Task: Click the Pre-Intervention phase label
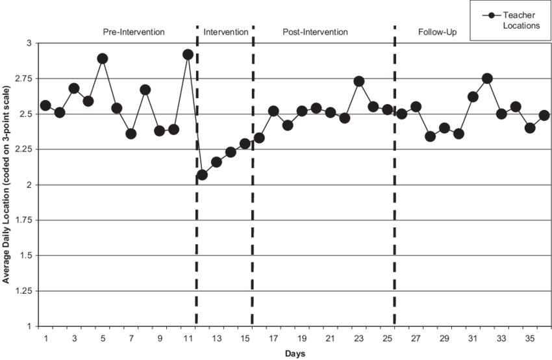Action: tap(134, 31)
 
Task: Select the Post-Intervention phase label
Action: tap(316, 31)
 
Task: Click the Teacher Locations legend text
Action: tap(521, 21)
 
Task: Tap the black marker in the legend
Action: tap(494, 16)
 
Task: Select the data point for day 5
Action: tap(102, 58)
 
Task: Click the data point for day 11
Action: tap(188, 55)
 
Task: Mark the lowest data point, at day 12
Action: tap(202, 175)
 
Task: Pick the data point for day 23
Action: tap(359, 81)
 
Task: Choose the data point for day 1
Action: tap(45, 105)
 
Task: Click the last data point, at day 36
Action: tap(544, 116)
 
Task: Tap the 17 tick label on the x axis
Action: tap(273, 339)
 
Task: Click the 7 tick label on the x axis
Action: tap(131, 339)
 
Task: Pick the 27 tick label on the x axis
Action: tap(416, 339)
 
